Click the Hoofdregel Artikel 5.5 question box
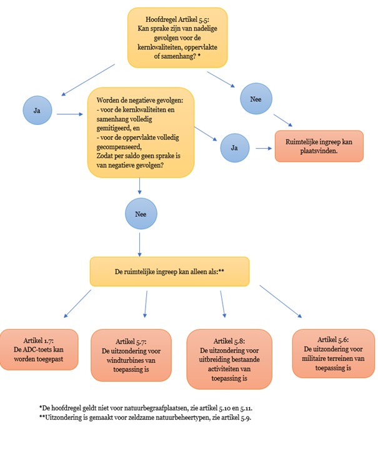coord(177,37)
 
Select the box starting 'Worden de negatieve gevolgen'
coord(141,132)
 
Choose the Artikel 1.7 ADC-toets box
coord(38,352)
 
